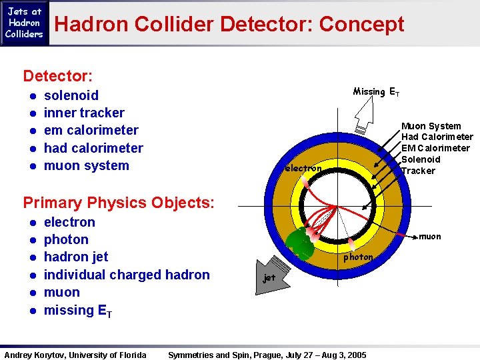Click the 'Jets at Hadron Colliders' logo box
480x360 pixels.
[25, 23]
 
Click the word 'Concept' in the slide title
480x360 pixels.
[361, 25]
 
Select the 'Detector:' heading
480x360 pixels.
[57, 77]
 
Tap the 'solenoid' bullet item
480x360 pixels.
[71, 95]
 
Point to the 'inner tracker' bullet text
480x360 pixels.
[84, 113]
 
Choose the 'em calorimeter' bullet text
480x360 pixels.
[91, 130]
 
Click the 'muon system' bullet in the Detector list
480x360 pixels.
[86, 165]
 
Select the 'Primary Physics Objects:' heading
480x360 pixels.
[119, 202]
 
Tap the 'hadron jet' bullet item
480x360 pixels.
[76, 257]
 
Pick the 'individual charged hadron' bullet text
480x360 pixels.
[127, 275]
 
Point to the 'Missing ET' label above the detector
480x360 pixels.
[376, 91]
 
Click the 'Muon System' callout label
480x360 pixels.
[431, 126]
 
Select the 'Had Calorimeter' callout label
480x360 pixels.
[437, 137]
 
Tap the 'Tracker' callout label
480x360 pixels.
[418, 171]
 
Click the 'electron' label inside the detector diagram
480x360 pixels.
[303, 169]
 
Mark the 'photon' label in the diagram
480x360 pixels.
[358, 257]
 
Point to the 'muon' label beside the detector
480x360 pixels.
[429, 236]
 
